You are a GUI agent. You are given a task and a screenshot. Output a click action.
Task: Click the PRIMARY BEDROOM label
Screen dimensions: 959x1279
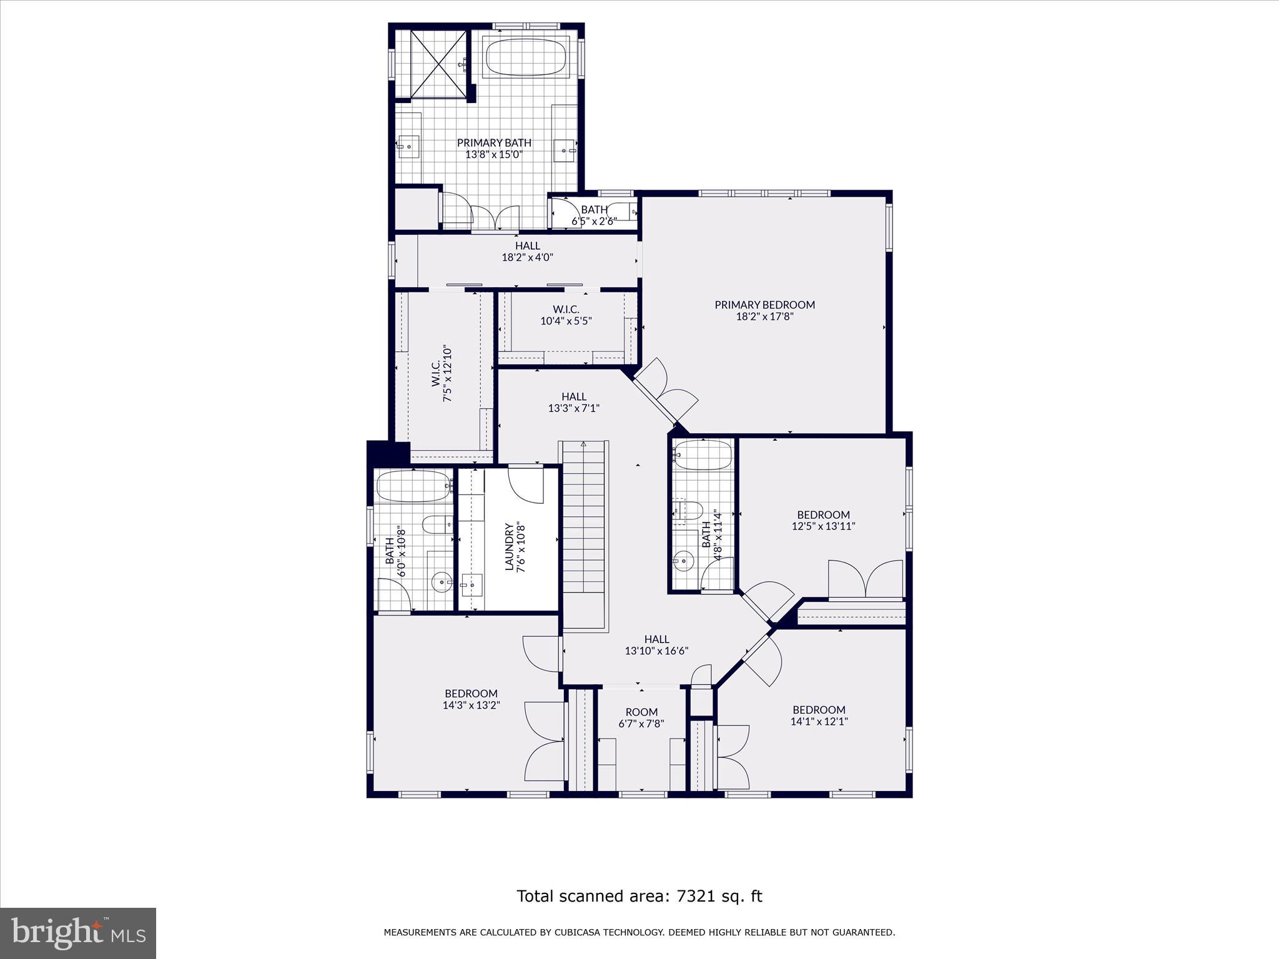pyautogui.click(x=764, y=305)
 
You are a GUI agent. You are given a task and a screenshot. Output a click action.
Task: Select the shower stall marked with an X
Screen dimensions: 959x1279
pyautogui.click(x=438, y=64)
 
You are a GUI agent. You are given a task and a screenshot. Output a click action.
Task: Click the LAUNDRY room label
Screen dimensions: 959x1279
pyautogui.click(x=509, y=546)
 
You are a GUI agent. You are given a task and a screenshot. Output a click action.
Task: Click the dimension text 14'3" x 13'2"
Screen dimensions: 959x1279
pyautogui.click(x=471, y=706)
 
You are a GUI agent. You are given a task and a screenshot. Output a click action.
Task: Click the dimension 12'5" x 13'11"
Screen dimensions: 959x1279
pyautogui.click(x=823, y=526)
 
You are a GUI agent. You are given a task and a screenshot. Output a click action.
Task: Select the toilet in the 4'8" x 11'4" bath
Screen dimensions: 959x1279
pyautogui.click(x=688, y=510)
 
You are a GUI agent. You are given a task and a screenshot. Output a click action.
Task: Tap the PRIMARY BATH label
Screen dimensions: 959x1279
pyautogui.click(x=494, y=143)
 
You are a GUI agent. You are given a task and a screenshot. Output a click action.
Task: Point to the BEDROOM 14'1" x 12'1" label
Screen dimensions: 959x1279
pyautogui.click(x=819, y=710)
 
